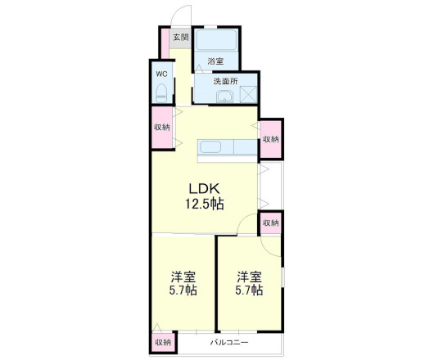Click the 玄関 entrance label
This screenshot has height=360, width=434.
point(179,37)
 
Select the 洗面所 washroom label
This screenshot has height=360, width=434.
point(225,81)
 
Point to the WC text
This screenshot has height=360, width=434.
point(161,71)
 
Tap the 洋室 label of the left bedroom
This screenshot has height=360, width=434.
point(182,276)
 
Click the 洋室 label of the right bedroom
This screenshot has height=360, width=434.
point(250,276)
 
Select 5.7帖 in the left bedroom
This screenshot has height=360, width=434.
point(182,290)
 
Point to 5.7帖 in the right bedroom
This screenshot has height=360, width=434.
point(250,290)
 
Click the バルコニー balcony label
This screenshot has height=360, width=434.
point(229,341)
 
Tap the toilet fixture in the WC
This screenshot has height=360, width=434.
point(161,90)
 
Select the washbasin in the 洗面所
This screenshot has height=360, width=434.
point(224,97)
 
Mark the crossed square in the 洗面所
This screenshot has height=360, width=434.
point(247,95)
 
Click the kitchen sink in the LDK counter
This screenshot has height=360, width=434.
point(210,148)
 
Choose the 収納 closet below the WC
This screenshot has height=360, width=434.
point(161,127)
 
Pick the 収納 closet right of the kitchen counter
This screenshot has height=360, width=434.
point(270,139)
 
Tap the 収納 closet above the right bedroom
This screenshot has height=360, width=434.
point(270,223)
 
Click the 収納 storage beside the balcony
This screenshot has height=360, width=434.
point(163,342)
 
